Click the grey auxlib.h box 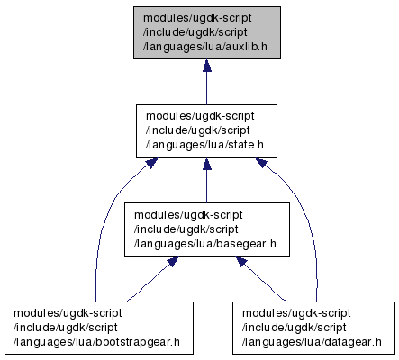coord(207,32)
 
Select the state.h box coord(206,131)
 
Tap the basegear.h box coord(207,229)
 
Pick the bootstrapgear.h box coord(99,328)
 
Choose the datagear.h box coord(313,328)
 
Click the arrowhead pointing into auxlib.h coord(206,66)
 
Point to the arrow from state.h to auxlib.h coord(206,82)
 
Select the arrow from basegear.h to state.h coord(206,181)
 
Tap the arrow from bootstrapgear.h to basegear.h coord(152,279)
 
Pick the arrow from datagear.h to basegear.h coord(260,279)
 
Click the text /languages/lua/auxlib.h coord(205,47)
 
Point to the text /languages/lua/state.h coord(204,145)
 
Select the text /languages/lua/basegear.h coord(205,244)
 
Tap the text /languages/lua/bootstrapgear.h coord(96,342)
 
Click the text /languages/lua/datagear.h coord(312,342)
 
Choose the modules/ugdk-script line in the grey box coord(197,18)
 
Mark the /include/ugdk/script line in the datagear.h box coord(295,328)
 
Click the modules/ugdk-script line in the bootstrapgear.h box coord(68,313)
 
